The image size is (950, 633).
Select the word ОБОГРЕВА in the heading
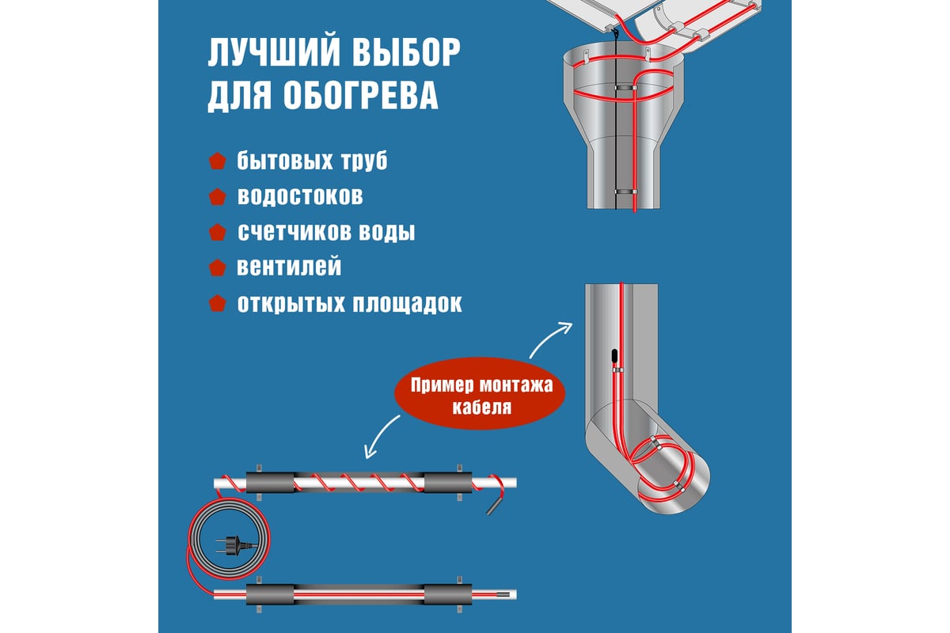click(360, 95)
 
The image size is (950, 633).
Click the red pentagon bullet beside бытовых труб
click(218, 161)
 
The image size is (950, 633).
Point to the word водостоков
click(300, 196)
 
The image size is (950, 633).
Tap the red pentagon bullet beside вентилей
click(218, 268)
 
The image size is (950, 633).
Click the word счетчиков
click(294, 232)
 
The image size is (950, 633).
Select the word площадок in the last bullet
click(407, 304)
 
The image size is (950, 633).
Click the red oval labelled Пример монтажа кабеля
click(480, 393)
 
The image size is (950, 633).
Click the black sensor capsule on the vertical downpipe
click(614, 356)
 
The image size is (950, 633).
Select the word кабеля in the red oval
click(482, 407)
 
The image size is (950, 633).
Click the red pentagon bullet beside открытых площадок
click(218, 303)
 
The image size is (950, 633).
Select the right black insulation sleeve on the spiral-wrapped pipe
click(448, 483)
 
